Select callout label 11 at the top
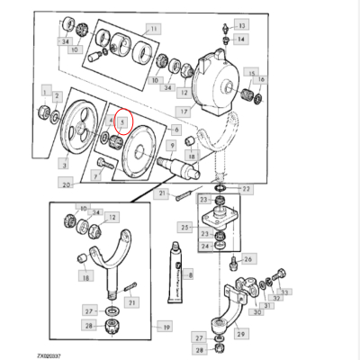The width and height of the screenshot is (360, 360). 154,30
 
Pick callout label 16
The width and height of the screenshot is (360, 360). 261,80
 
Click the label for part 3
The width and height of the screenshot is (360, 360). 64,165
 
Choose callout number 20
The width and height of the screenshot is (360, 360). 67,184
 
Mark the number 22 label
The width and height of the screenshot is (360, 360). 247,189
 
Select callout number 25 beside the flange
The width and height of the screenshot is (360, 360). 186,229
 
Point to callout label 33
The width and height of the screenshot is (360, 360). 284,292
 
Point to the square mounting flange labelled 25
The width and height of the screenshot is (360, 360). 215,221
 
